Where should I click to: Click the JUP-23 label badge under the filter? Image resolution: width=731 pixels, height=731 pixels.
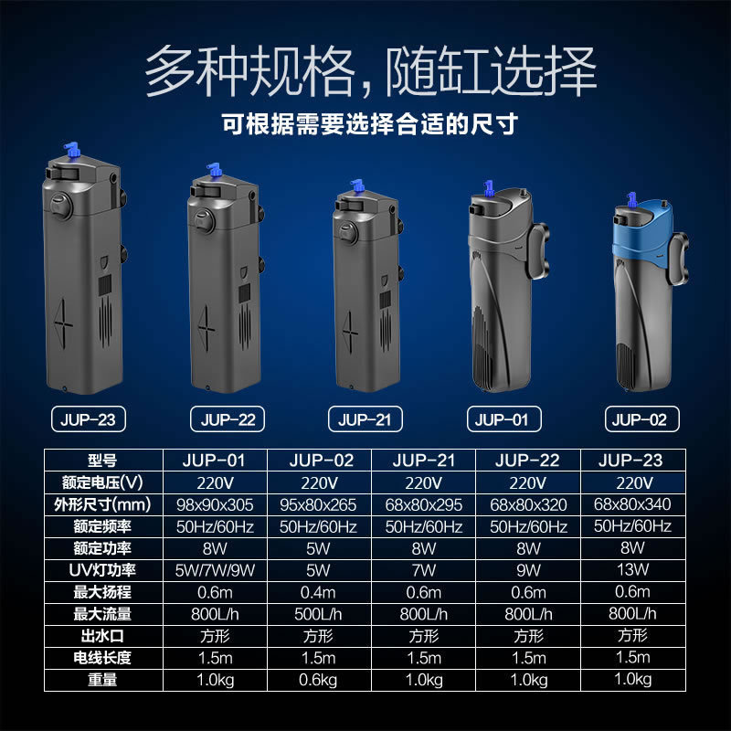pos(88,419)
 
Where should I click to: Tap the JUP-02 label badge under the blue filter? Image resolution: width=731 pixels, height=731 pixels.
pos(642,419)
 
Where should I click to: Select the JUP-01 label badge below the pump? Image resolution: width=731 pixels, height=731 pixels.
pos(504,419)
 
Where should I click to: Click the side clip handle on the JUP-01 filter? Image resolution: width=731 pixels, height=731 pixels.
pos(538,250)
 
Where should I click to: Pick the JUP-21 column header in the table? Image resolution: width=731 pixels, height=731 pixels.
pos(423,461)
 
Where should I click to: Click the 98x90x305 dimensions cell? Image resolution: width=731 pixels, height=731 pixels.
pos(215,504)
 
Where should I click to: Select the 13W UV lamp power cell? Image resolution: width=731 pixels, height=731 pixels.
pos(632,569)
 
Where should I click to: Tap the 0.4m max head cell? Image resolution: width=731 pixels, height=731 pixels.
pos(318,592)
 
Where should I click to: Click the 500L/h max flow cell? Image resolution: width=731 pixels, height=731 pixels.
pos(318,614)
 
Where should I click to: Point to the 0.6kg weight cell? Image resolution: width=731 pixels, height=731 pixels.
pos(318,680)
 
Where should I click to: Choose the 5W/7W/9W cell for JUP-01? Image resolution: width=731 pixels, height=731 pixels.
pos(215,570)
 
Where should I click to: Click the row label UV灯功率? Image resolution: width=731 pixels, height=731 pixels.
pos(102,570)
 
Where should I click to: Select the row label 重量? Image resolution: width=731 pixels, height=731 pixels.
pos(102,680)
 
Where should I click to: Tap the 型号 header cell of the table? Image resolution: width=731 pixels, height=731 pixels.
pos(102,461)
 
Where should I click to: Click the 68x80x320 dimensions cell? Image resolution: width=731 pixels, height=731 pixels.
pos(528,504)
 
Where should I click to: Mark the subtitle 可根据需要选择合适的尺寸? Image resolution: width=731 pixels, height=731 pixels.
pos(370,124)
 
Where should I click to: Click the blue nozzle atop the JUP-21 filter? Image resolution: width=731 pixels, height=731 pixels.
pos(357,186)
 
